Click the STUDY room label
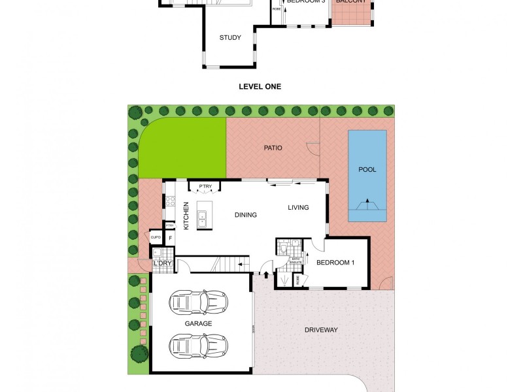(230, 37)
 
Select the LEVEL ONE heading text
(261, 86)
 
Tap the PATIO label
(273, 148)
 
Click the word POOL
(367, 169)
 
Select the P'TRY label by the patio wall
(206, 187)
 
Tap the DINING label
(245, 215)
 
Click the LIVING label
(297, 208)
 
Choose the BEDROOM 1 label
(335, 263)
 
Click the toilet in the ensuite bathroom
(283, 248)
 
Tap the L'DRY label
(161, 263)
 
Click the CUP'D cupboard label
(156, 238)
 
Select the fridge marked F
(171, 238)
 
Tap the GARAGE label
(199, 323)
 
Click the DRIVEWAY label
(321, 330)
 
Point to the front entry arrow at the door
(266, 274)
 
